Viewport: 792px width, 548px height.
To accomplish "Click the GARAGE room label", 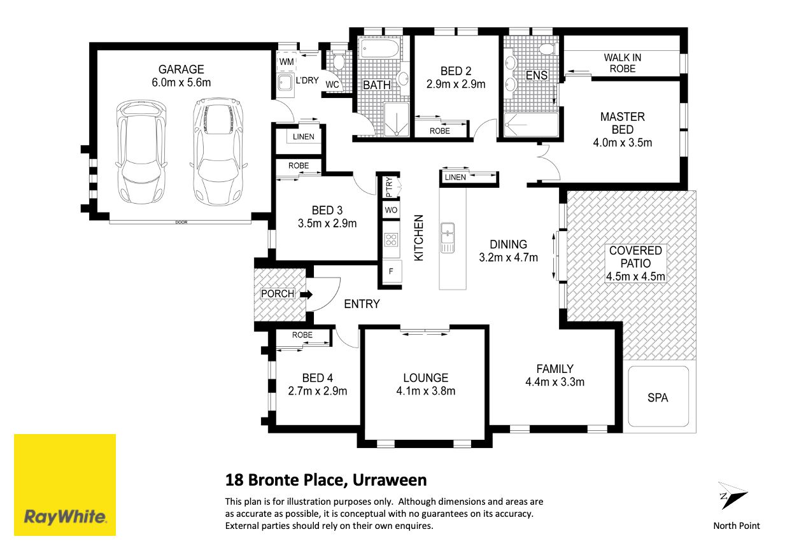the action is coord(181,69).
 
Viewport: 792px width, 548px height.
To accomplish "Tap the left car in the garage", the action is coord(141,152).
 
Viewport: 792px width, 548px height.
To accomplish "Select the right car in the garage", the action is coord(218,152).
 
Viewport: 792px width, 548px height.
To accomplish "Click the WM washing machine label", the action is coord(286,62).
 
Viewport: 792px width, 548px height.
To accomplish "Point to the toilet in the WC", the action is coord(338,61).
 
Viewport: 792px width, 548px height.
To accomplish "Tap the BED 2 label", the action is coord(456,71).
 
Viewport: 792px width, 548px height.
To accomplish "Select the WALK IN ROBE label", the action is coord(622,63).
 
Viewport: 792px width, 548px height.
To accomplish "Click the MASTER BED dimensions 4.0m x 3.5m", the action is coord(622,143).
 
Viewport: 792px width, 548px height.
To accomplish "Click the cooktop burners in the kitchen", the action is coord(391,239).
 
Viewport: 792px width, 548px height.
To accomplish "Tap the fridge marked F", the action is coord(392,271).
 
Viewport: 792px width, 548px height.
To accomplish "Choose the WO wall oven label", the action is coord(391,210).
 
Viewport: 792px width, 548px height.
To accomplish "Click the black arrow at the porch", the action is coord(306,294).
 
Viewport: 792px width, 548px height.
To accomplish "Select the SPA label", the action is coord(658,398).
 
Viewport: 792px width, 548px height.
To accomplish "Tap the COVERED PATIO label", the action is coord(635,256).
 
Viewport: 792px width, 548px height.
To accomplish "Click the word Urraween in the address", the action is coord(390,480).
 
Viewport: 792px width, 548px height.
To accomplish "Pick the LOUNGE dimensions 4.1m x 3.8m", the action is coord(426,391).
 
